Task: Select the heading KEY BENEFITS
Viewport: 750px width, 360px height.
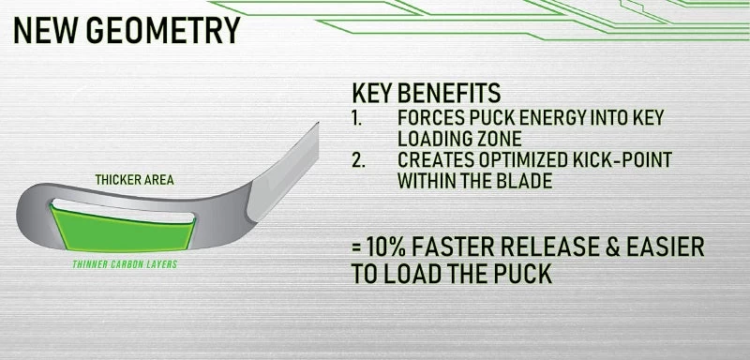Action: (426, 95)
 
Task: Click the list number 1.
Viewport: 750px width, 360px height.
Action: (356, 118)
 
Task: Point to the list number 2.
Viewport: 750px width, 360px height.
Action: (357, 159)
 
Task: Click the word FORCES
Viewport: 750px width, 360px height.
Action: (427, 118)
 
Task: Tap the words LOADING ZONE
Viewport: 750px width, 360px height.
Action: (454, 138)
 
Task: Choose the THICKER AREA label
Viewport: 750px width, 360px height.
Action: (134, 179)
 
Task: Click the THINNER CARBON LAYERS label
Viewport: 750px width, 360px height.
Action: (125, 265)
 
